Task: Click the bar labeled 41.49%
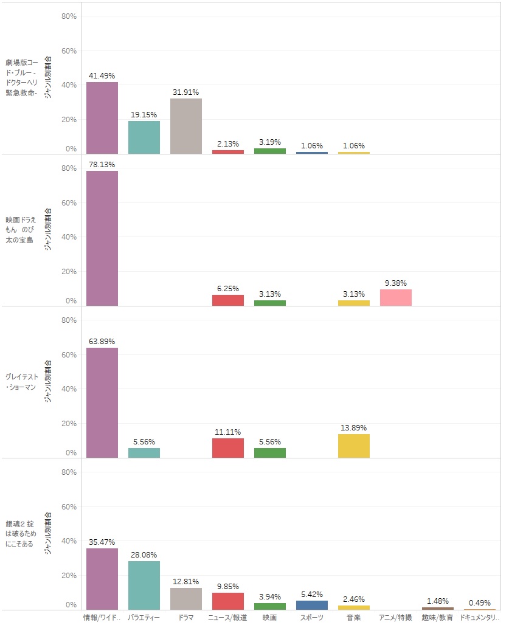(x=102, y=118)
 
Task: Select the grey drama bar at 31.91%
(x=186, y=126)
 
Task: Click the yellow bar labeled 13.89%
(x=354, y=446)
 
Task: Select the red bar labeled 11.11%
(x=228, y=448)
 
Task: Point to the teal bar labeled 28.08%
(x=144, y=585)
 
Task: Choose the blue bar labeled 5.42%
(x=312, y=606)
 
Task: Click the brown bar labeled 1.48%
(x=438, y=609)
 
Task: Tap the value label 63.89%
(x=102, y=341)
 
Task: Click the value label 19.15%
(x=144, y=114)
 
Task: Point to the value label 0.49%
(x=480, y=602)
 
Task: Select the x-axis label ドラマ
(x=186, y=618)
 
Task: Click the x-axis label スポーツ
(x=312, y=618)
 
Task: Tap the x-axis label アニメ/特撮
(x=396, y=618)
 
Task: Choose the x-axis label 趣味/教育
(x=438, y=618)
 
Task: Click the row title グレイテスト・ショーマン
(x=22, y=382)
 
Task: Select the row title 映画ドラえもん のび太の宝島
(x=22, y=230)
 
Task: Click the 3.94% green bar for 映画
(x=270, y=607)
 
